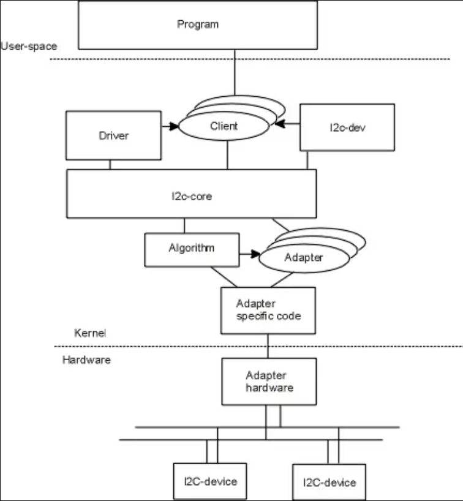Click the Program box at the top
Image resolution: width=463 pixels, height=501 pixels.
click(198, 25)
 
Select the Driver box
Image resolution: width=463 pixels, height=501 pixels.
click(114, 135)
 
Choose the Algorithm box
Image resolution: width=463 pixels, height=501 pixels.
click(191, 249)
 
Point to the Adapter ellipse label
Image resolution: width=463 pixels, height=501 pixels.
click(304, 258)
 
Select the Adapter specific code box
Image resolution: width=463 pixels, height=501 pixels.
click(269, 310)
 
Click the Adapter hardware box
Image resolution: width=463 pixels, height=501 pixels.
click(269, 381)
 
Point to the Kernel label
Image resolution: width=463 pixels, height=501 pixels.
click(90, 333)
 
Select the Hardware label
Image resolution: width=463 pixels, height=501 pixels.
click(86, 360)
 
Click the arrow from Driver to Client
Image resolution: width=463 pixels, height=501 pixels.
click(170, 127)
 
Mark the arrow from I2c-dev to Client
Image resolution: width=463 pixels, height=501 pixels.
click(287, 124)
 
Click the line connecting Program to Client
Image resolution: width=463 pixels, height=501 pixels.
click(233, 73)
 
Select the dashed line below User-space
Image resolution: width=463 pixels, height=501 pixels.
click(245, 59)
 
